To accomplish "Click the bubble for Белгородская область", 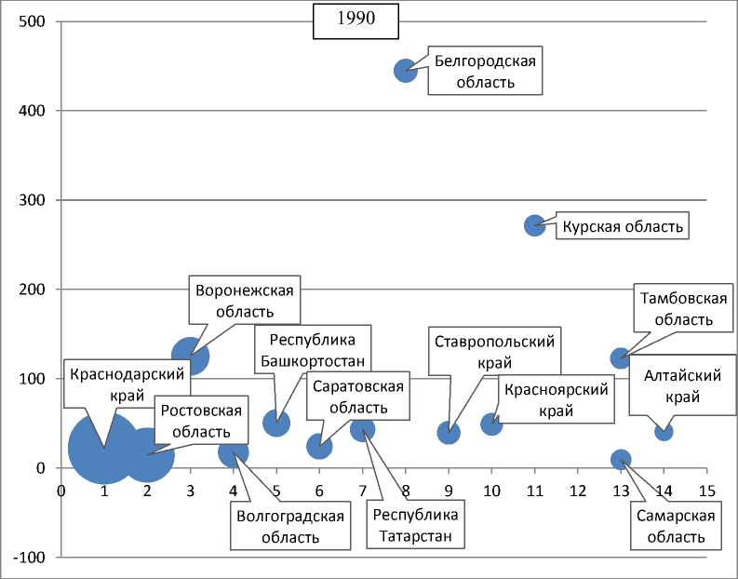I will (x=405, y=71).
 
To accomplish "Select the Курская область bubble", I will (x=534, y=225).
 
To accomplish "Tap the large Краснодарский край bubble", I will (x=104, y=448).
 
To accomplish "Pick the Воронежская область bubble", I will (x=190, y=355).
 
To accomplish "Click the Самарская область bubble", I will (x=621, y=459).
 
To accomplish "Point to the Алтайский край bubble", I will (x=664, y=431).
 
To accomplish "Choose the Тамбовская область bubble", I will (x=621, y=358).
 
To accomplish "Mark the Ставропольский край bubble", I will (x=449, y=432).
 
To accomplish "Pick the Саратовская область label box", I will (x=358, y=397).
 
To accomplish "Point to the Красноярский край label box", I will (x=556, y=400).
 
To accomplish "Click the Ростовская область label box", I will (x=200, y=421).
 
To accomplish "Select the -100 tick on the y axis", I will (x=31, y=558).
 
